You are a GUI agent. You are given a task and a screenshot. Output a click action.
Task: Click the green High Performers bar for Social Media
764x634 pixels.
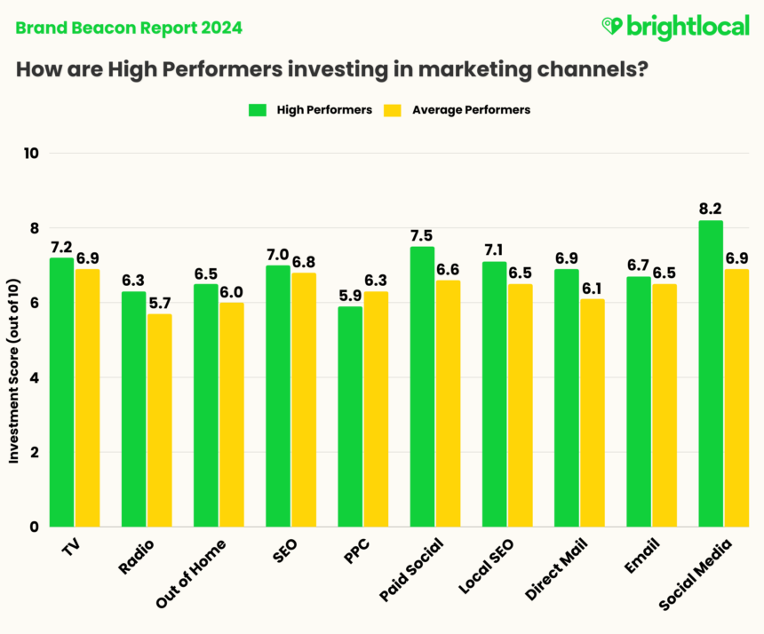[x=711, y=373]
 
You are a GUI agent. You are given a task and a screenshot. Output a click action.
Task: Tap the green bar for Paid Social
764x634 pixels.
[x=422, y=386]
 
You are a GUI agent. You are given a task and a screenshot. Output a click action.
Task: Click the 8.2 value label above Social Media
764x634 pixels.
[x=710, y=209]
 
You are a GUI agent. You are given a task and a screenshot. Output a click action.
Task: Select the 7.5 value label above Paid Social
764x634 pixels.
[x=422, y=234]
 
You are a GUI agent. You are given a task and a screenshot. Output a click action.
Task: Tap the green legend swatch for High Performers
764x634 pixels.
[x=258, y=110]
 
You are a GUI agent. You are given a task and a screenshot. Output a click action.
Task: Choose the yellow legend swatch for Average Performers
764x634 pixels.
[x=392, y=110]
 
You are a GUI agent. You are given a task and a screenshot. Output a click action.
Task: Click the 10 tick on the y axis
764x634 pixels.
[x=32, y=153]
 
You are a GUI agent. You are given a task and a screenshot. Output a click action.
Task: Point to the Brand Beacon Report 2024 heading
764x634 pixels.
[x=128, y=28]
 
